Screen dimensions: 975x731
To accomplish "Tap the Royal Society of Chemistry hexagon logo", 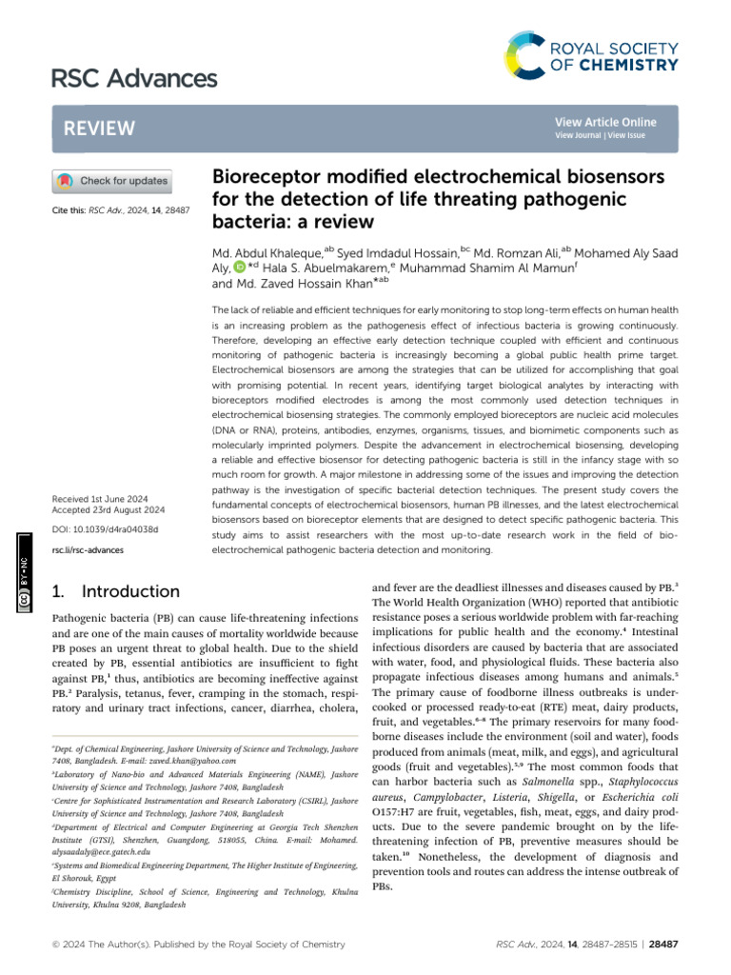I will point(529,54).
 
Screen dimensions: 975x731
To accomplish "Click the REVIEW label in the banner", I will point(100,129).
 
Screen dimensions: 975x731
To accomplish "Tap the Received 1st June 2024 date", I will point(105,497).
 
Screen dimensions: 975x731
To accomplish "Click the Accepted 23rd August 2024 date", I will point(110,509).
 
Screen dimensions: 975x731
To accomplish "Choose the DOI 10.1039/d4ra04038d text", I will point(106,529).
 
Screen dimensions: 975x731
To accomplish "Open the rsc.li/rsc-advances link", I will point(89,550).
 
